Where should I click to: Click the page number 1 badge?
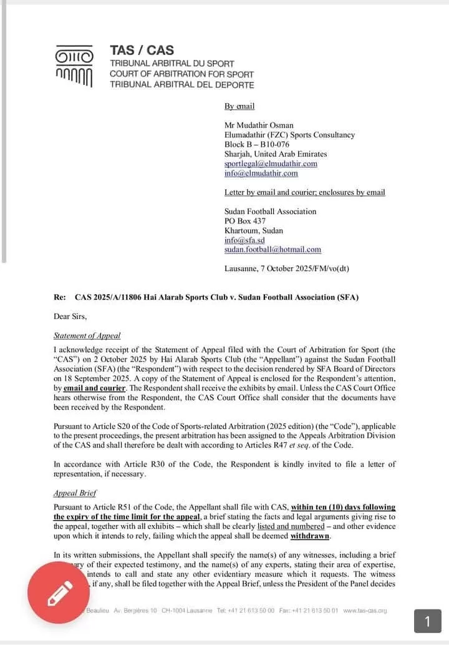tap(428, 621)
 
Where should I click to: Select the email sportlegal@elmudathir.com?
tap(271, 164)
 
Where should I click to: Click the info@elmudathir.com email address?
tap(261, 173)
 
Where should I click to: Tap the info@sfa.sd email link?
tap(244, 240)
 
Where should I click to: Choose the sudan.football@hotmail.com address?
tap(273, 249)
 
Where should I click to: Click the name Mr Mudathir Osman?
tap(259, 125)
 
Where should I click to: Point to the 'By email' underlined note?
tap(239, 106)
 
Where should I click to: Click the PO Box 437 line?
tap(245, 221)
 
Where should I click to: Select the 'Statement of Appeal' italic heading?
tap(87, 335)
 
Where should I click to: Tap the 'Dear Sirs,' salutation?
tap(70, 316)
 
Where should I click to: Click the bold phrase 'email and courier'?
tap(94, 388)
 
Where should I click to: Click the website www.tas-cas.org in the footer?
tap(365, 610)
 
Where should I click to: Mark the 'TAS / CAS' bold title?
tap(142, 51)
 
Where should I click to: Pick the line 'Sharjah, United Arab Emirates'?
tap(276, 154)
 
